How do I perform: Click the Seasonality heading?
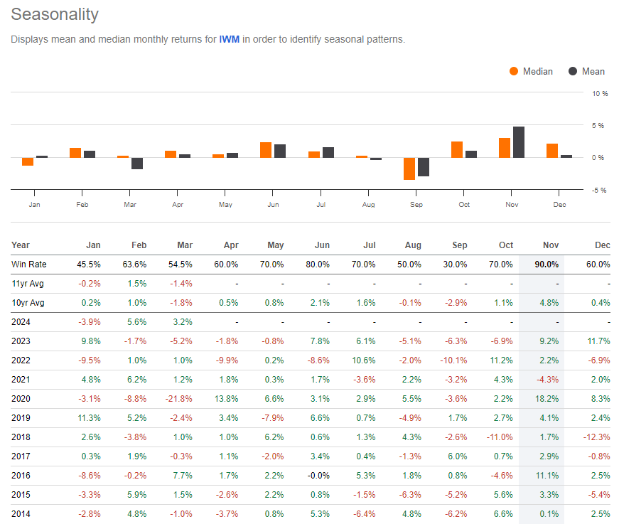tap(55, 14)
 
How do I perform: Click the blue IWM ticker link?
tap(229, 39)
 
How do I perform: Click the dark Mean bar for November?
tap(519, 142)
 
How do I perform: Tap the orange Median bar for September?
tap(409, 169)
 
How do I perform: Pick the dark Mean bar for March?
tap(137, 164)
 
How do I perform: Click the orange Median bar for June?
tap(266, 150)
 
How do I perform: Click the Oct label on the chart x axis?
tap(464, 205)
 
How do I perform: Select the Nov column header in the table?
tap(551, 245)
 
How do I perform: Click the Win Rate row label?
tap(28, 264)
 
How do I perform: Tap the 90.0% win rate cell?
tap(547, 264)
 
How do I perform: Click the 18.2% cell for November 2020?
tap(548, 398)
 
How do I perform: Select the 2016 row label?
tap(21, 475)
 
